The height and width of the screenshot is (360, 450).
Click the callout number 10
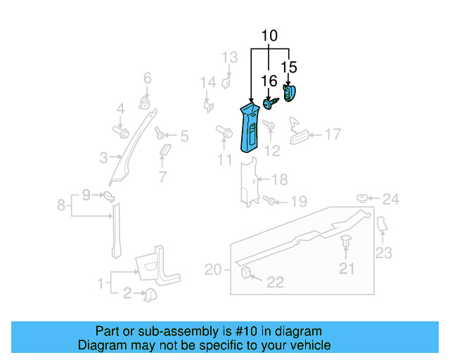269,36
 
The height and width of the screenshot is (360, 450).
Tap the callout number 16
269,81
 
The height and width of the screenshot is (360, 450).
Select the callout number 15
289,67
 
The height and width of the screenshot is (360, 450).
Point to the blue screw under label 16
270,103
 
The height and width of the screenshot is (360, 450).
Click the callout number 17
332,134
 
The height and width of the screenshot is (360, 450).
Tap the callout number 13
231,57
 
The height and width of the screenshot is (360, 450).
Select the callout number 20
213,269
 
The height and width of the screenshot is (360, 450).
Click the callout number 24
390,200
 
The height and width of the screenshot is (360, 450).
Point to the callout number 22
275,282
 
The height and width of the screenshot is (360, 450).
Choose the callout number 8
61,205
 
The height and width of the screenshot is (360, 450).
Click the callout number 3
103,157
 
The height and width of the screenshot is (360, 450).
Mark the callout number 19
299,202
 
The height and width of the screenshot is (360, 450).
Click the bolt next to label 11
225,131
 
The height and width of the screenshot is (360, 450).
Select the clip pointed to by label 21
346,243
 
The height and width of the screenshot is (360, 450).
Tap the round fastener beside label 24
364,198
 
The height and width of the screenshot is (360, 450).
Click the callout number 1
103,284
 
